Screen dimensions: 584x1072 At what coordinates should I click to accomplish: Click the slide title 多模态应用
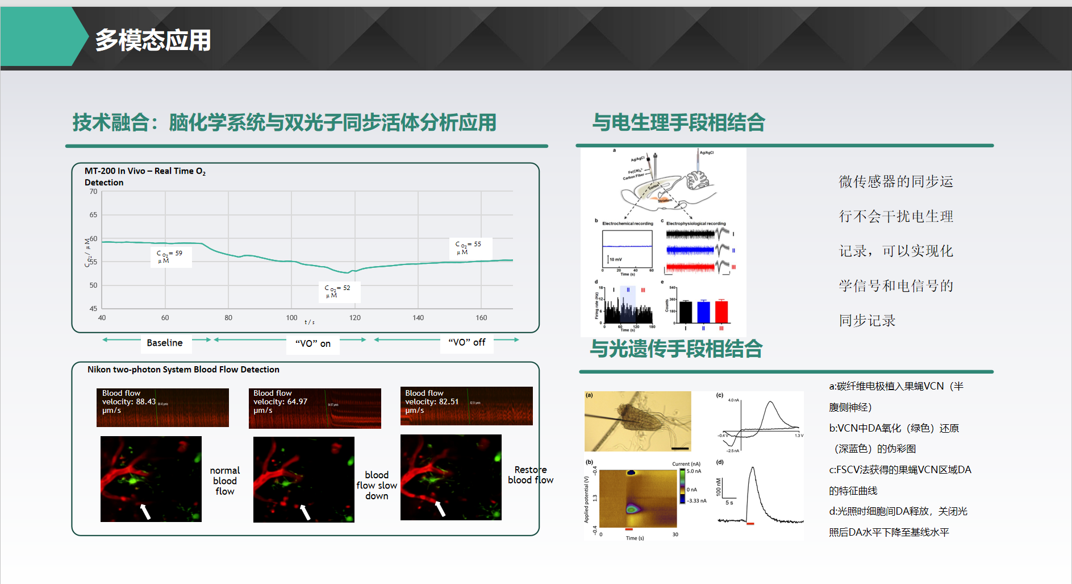click(153, 40)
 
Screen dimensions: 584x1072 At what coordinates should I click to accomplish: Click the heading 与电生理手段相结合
click(678, 122)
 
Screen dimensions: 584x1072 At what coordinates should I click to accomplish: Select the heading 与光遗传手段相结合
click(676, 349)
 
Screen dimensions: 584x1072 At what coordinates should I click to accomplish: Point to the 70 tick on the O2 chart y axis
click(93, 192)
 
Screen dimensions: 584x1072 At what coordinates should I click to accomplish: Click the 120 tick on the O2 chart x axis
click(355, 318)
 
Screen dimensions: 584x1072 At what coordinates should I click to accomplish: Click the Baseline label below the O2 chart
click(165, 343)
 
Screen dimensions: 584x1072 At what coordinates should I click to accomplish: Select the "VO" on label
click(313, 343)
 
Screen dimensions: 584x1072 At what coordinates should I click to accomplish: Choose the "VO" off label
click(467, 342)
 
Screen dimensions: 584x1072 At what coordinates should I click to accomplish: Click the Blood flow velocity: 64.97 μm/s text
click(280, 401)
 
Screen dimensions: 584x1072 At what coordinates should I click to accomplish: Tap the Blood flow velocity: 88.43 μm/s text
click(129, 401)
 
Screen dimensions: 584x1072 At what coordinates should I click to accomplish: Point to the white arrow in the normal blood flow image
click(145, 511)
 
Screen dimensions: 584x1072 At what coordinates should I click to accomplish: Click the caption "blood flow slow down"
click(377, 485)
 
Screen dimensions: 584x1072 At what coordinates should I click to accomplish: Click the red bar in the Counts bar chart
click(721, 312)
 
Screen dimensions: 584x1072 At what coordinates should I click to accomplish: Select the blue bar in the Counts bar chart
click(703, 312)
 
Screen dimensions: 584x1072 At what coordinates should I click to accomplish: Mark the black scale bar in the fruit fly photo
click(679, 449)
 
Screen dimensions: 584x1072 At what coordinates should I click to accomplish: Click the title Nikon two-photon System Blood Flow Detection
click(183, 370)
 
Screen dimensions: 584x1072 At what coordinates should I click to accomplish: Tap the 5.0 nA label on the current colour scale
click(694, 471)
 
